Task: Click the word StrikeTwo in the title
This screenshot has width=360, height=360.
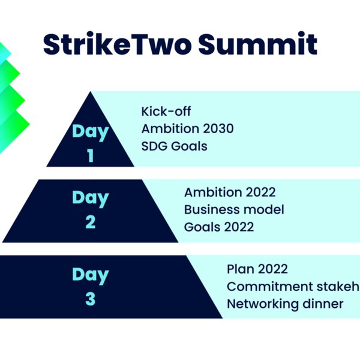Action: tap(117, 44)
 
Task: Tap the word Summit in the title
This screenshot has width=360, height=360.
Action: tap(257, 44)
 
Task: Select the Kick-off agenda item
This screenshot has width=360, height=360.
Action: tap(166, 112)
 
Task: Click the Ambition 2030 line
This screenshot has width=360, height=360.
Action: tap(187, 128)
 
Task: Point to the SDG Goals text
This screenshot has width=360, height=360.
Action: tap(174, 146)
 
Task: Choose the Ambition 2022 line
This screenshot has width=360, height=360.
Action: tap(230, 192)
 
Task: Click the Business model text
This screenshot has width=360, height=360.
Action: tap(234, 209)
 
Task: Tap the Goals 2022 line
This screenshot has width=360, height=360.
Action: tap(219, 227)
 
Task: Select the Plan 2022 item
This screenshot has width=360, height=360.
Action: tap(257, 269)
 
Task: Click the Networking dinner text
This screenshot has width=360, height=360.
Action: tap(285, 304)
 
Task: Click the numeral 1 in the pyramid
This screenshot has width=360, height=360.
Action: tap(91, 155)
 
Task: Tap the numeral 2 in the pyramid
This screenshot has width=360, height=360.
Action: tap(91, 222)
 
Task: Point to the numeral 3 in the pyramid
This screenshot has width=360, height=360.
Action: tap(91, 299)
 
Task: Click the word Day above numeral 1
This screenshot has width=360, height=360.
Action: tap(91, 132)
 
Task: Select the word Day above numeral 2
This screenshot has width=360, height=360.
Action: tap(91, 199)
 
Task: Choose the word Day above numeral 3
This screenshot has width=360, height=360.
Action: tap(91, 275)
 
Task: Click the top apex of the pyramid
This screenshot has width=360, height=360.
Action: tap(91, 92)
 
